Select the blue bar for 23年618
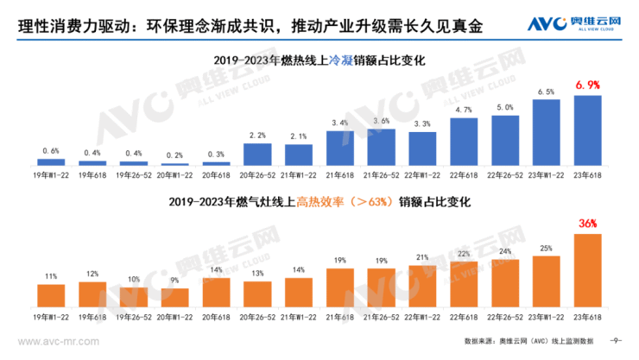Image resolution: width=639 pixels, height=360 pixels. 586,129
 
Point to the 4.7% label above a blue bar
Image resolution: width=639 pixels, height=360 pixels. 463,110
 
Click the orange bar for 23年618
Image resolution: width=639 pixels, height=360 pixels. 586,272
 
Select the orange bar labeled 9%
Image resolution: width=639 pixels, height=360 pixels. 174,299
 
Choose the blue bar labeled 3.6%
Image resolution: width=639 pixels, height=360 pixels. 381,147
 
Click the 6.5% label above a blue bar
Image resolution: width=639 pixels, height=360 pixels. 546,92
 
